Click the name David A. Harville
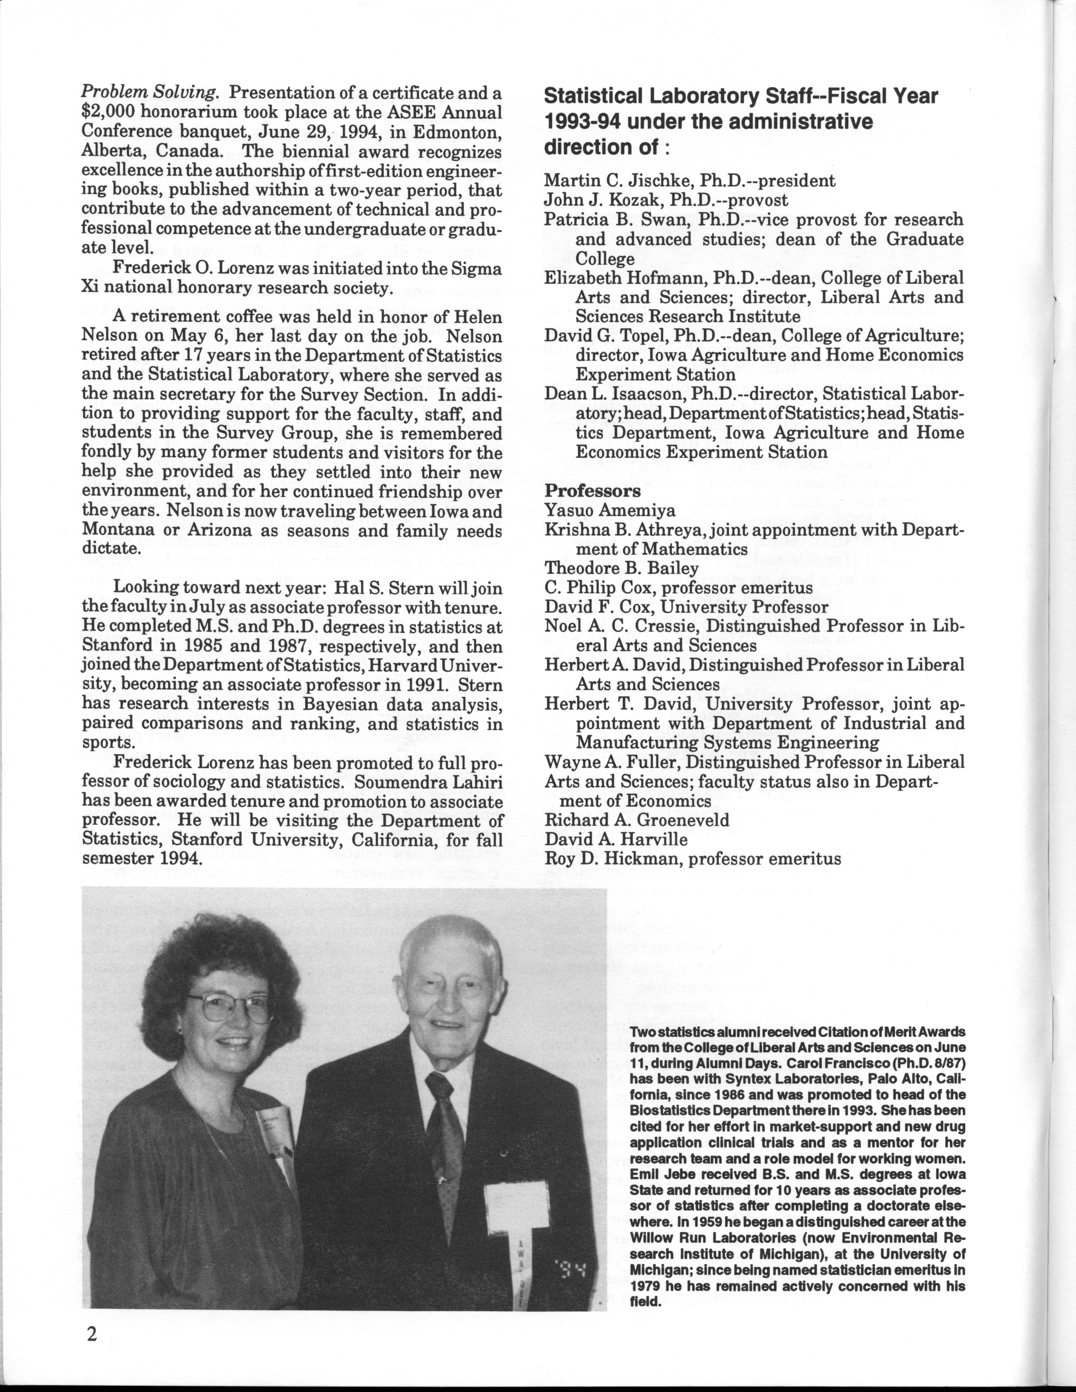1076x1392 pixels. (x=616, y=839)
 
